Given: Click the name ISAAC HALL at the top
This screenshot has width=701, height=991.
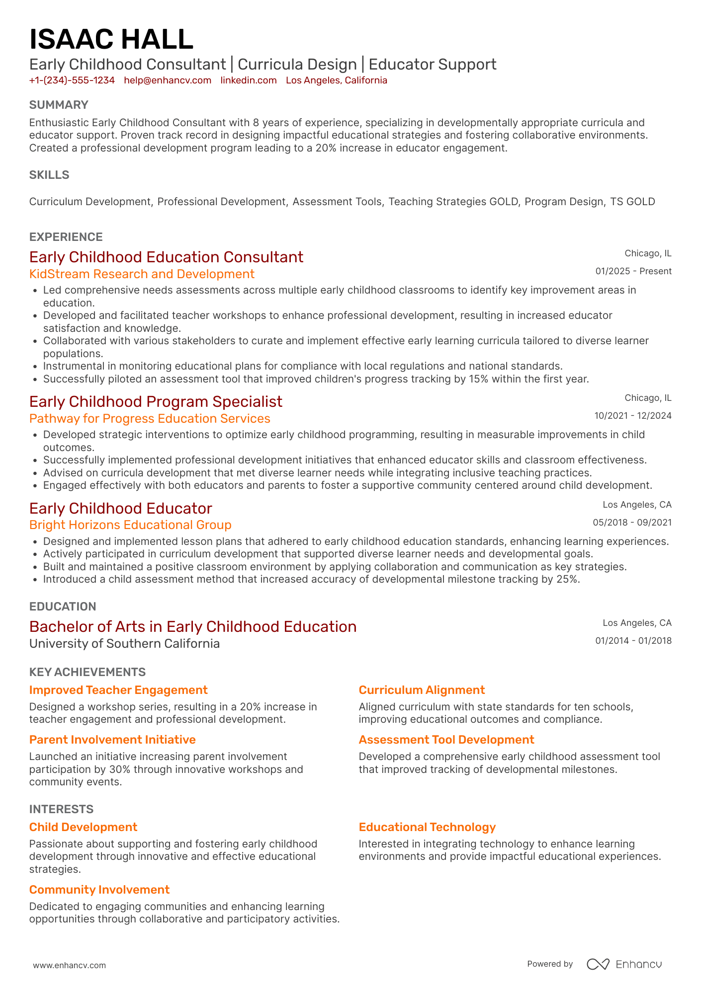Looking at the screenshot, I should point(111,40).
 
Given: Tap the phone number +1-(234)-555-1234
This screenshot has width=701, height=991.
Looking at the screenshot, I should point(72,80).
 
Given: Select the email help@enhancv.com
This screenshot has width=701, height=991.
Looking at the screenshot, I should point(168,80).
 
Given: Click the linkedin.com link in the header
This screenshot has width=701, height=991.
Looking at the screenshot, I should point(249,80).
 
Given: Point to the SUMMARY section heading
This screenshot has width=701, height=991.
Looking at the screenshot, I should point(59,105).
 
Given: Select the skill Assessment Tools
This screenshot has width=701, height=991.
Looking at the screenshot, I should point(337,202).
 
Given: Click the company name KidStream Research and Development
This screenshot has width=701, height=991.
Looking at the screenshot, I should point(142,274).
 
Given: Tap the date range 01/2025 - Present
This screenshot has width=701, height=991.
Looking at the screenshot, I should point(633,271).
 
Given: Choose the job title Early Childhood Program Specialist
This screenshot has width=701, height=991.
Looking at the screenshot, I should point(156,401).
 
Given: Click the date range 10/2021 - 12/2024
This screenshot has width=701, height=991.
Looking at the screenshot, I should point(633,416).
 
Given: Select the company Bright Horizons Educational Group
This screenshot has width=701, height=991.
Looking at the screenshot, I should point(130,525).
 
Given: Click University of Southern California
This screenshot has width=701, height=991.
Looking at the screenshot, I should point(124,644).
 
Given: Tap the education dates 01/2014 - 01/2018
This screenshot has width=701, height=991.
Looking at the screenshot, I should point(633,641).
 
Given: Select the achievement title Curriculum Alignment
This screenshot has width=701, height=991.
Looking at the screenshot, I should point(422,690).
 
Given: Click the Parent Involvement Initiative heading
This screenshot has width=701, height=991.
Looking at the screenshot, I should point(112,740).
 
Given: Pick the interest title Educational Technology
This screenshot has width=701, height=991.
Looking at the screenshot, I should point(427,827).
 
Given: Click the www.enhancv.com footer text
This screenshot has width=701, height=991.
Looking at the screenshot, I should point(70,965).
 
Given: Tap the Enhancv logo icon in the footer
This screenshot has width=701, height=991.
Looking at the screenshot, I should point(598,964).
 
